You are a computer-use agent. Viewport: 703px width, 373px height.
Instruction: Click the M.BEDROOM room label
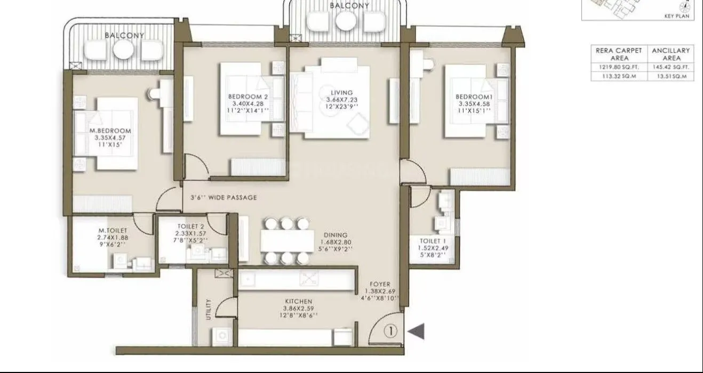coord(110,131)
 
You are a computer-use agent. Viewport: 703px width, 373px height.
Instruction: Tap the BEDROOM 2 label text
coord(247,96)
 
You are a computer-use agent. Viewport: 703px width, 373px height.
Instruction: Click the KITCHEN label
coord(298,302)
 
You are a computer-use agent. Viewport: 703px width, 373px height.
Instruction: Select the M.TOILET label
coord(113,230)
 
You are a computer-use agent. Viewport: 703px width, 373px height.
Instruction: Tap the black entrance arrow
coord(417,331)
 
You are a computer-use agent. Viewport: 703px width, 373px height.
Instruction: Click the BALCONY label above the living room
coord(349,6)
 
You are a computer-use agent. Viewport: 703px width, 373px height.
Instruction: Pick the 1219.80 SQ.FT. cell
coord(619,67)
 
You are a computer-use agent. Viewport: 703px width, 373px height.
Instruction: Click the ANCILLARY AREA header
coord(671,54)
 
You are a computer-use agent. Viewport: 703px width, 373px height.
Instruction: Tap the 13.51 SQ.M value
coord(671,76)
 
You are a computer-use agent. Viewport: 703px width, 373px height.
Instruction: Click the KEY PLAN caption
coord(677,16)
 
